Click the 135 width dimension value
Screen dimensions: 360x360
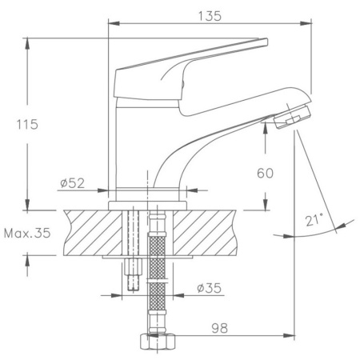click(210, 16)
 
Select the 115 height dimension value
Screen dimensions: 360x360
click(27, 125)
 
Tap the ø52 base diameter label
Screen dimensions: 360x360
click(72, 183)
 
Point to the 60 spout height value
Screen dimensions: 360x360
click(265, 174)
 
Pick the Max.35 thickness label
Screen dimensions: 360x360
click(27, 234)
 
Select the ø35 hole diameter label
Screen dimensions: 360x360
click(209, 288)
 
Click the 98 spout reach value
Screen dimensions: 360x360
click(220, 329)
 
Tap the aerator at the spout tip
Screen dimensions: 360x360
click(292, 117)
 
